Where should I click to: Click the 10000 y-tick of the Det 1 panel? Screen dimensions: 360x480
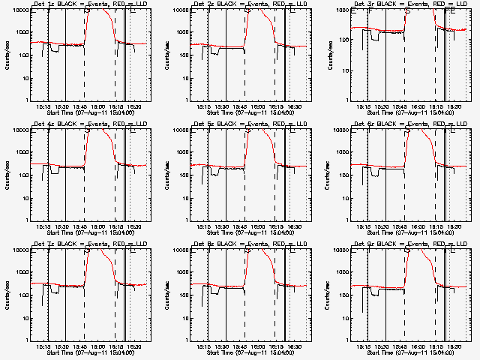click(x=18, y=10)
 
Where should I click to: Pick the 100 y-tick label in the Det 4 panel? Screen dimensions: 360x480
click(x=21, y=175)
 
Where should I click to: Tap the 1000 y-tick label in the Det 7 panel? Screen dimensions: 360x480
click(x=19, y=273)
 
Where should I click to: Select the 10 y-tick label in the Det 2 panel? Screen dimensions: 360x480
click(x=184, y=78)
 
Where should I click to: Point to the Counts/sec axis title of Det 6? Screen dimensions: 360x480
click(x=326, y=175)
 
